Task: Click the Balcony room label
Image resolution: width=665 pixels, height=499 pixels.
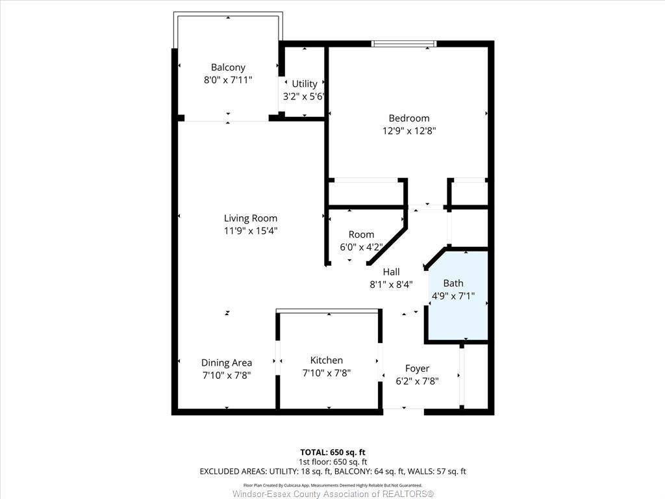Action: click(228, 67)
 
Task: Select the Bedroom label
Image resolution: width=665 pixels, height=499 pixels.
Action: click(408, 118)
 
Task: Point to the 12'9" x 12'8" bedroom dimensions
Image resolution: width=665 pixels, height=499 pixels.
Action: click(408, 130)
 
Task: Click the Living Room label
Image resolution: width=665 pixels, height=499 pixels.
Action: click(250, 218)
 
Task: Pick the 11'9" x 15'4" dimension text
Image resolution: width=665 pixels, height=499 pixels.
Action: click(250, 231)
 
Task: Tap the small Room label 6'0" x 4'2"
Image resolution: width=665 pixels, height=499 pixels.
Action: click(361, 235)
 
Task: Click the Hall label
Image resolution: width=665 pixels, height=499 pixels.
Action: click(391, 272)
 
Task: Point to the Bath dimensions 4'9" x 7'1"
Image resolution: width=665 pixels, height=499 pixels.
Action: click(453, 296)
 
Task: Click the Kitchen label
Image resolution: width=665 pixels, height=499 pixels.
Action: click(326, 360)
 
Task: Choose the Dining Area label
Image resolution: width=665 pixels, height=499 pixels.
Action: click(226, 363)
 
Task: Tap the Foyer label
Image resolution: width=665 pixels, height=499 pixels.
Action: click(417, 368)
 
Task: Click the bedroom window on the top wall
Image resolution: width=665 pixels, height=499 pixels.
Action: click(403, 44)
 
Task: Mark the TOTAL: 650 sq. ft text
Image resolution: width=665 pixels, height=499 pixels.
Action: click(332, 452)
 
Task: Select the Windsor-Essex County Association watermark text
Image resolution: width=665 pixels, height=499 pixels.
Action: click(332, 494)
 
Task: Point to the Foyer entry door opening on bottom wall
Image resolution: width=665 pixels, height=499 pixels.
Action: click(403, 409)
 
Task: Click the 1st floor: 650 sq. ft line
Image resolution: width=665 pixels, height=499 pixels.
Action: click(332, 461)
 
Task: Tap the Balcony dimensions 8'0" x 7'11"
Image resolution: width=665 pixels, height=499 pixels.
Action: click(228, 80)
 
